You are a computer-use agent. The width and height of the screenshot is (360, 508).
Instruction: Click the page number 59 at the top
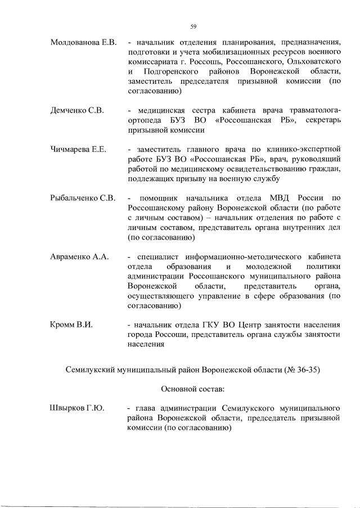[193, 25]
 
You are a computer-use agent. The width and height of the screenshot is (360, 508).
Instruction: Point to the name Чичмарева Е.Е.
[79, 150]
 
